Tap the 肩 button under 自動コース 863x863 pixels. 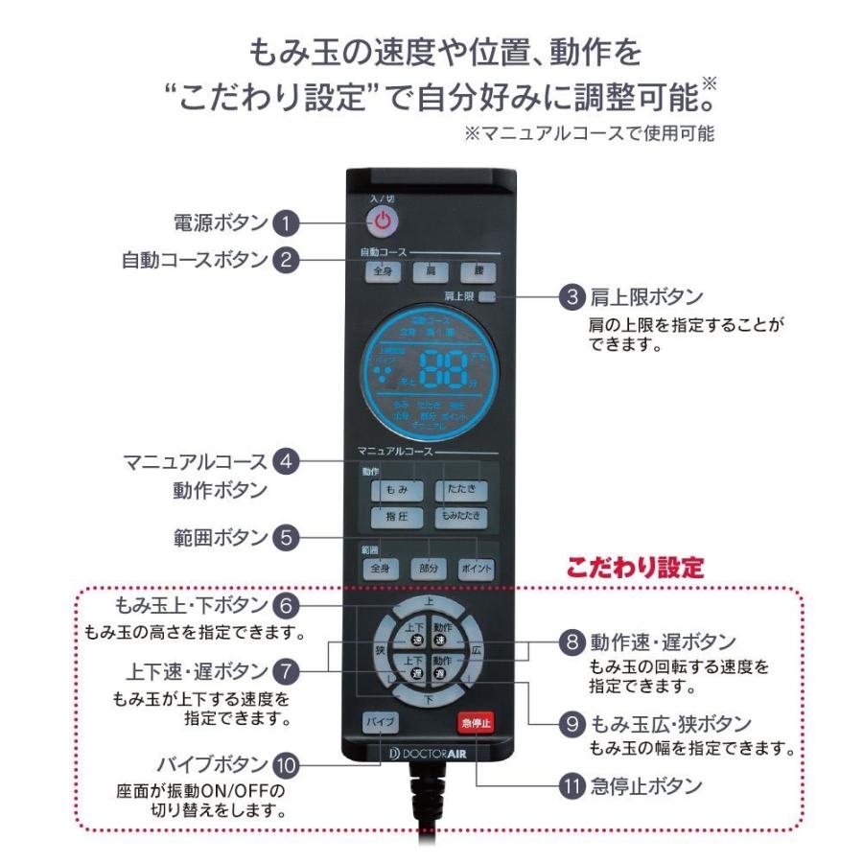(424, 271)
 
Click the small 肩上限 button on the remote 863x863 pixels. (488, 297)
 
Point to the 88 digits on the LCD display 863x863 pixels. (443, 366)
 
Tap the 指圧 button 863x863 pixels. (396, 518)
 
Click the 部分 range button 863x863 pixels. (430, 569)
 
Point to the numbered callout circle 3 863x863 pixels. (572, 297)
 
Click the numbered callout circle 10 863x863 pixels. (286, 764)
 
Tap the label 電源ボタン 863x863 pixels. (214, 223)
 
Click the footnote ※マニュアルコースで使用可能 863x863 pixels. (589, 134)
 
